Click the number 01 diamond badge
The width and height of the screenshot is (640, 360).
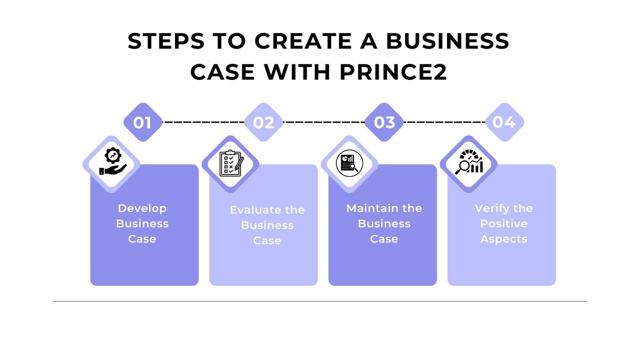[x=142, y=122]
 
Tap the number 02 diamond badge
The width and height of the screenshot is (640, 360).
[x=263, y=122]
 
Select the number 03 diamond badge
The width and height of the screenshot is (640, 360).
[x=384, y=122]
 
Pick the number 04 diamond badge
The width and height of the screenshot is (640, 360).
[x=504, y=122]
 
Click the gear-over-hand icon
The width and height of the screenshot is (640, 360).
[x=112, y=162]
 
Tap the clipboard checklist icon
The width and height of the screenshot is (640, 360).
[x=231, y=163]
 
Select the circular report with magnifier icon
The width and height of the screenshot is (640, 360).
[x=350, y=163]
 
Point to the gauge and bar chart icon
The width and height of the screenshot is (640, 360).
[x=469, y=162]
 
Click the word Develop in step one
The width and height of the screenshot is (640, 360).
[x=142, y=208]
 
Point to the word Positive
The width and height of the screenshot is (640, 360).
[x=504, y=224]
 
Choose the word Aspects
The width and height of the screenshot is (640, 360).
[x=504, y=239]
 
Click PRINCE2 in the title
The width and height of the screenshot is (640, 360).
[x=393, y=72]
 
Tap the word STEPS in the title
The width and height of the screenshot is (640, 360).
[x=166, y=41]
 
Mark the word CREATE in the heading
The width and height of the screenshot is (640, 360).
[x=303, y=41]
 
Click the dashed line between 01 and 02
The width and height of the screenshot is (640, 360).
[x=203, y=122]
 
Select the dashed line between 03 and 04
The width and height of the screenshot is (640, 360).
[x=444, y=122]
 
